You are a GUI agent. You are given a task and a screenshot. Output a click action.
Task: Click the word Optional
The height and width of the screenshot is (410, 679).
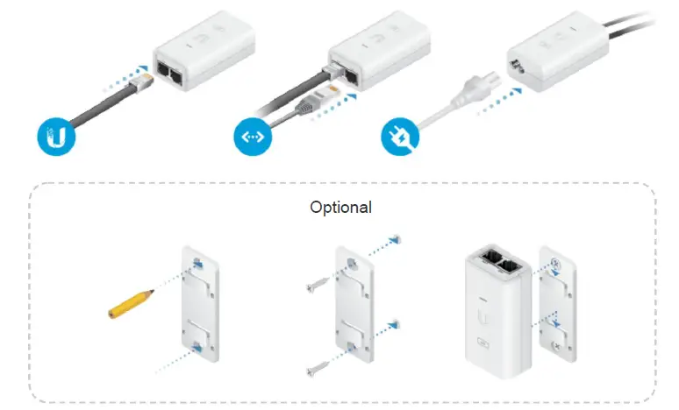click(x=340, y=208)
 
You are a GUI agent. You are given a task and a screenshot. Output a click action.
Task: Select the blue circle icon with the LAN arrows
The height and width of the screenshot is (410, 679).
click(x=250, y=138)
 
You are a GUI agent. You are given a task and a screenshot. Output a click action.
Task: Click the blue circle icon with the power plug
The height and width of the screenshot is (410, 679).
click(x=397, y=137)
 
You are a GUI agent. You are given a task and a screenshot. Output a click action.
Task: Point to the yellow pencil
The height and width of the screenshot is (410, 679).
click(x=130, y=300)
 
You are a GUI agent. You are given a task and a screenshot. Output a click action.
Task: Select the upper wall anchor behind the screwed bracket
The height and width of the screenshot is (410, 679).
click(x=397, y=238)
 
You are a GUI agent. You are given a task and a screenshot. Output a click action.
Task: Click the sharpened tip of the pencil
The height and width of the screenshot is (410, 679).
click(x=154, y=290)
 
